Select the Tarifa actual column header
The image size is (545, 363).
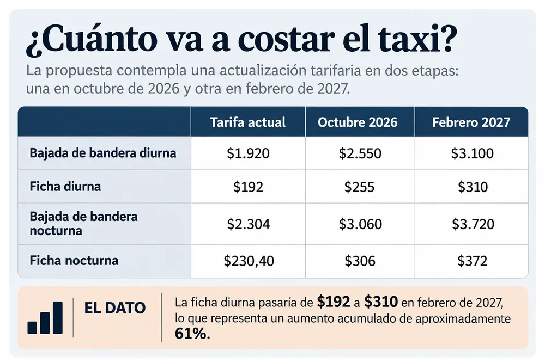point(248,122)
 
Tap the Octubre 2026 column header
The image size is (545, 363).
point(358,122)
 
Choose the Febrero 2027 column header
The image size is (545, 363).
point(471,122)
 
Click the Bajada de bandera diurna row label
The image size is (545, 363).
point(103,153)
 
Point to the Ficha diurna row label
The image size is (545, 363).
point(65,186)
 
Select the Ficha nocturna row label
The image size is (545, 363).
point(74,260)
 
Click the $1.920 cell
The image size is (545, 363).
point(248,153)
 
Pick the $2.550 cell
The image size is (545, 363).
point(360,153)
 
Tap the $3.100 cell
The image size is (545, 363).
point(473,153)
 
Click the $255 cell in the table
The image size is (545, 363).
point(359,187)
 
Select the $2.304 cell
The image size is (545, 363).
point(249,224)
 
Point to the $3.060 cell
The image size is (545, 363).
point(360,224)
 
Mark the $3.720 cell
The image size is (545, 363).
point(473,224)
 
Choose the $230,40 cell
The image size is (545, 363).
point(249,261)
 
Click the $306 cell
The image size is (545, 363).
point(360,261)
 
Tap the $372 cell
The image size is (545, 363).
point(473,261)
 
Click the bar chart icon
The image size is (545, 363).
point(45,317)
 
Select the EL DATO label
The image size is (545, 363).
point(114,308)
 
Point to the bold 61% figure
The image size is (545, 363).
point(192,334)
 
